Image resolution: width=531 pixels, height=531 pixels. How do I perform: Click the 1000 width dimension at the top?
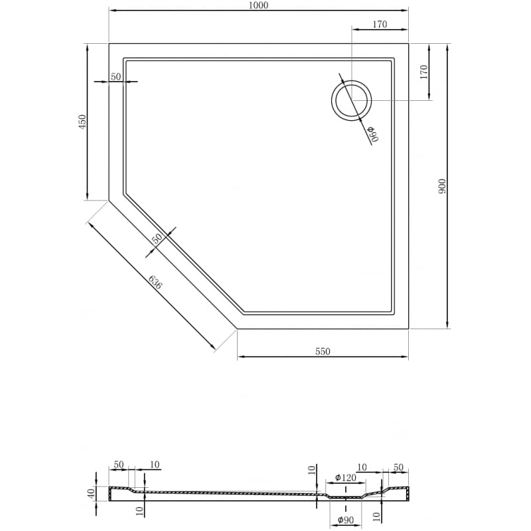point(259,5)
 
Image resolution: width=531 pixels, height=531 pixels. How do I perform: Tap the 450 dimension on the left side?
point(82,121)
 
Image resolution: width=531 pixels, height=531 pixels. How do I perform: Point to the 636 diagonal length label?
point(155,281)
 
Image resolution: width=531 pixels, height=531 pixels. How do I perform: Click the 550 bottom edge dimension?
point(323,352)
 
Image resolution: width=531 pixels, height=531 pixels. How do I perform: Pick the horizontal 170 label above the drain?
point(379,25)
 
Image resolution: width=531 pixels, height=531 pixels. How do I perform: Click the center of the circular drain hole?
point(351,100)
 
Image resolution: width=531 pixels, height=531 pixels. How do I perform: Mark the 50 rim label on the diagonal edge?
point(157,239)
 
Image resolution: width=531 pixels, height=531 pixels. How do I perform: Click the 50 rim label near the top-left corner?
point(115,77)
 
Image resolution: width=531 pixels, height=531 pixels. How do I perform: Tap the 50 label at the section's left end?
point(119,465)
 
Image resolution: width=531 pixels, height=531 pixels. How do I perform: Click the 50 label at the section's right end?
point(398,468)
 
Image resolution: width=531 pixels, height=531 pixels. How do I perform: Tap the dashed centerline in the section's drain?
point(346,496)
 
